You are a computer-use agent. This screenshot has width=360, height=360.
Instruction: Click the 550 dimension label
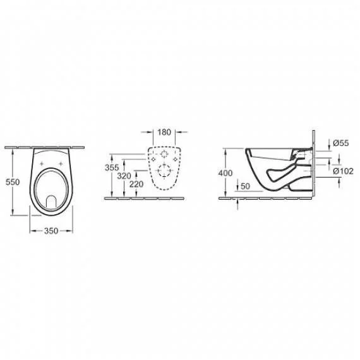pyautogui.click(x=13, y=182)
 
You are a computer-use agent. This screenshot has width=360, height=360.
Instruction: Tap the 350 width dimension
pyautogui.click(x=51, y=231)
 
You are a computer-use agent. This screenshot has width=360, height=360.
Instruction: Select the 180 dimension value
pyautogui.click(x=164, y=132)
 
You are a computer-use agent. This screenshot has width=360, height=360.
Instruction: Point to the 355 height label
pyautogui.click(x=112, y=167)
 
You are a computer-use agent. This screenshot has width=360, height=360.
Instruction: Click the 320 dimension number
pyautogui.click(x=124, y=176)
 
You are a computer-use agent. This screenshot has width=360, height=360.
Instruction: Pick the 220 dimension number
pyautogui.click(x=136, y=184)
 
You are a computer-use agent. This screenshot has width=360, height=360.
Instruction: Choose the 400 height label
pyautogui.click(x=225, y=173)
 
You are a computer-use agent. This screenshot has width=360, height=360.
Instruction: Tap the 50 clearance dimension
pyautogui.click(x=245, y=186)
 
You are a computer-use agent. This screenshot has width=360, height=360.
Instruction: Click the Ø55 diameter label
pyautogui.click(x=341, y=143)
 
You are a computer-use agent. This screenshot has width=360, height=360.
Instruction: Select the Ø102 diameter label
pyautogui.click(x=343, y=171)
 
